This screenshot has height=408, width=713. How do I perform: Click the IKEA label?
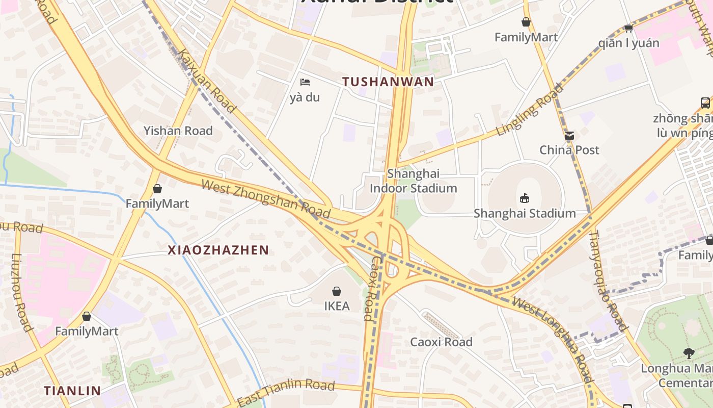coord(337,306)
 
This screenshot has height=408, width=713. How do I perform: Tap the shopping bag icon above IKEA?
coord(337,291)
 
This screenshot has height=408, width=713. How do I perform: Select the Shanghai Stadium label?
coord(525,213)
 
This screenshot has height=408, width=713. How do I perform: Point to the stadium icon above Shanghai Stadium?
coord(525,198)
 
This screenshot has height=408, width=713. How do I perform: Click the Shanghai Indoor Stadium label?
coord(413,181)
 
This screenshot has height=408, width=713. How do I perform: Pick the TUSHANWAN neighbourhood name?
coord(388,82)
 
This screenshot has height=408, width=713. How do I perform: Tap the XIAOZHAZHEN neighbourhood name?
coord(218,250)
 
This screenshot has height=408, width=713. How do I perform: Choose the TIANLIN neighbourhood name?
coord(72,391)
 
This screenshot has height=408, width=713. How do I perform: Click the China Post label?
coord(569,150)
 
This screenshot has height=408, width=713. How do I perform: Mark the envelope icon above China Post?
coord(569,136)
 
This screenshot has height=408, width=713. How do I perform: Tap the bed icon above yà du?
coord(305,82)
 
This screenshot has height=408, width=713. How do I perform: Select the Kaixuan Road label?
coord(207,81)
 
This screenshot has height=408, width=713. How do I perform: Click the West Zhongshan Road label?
coord(266,198)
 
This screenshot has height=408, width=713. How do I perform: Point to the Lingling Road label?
coord(530,110)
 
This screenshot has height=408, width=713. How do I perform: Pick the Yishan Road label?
coord(178,131)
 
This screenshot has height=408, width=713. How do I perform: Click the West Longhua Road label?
coord(554,339)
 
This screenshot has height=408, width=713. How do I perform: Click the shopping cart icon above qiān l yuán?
coord(628,28)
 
